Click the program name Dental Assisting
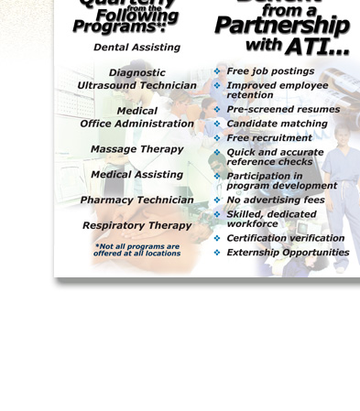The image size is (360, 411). [x=136, y=47]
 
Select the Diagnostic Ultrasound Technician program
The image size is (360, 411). [x=136, y=79]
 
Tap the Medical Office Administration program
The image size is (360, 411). [x=136, y=117]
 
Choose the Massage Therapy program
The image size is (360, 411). [x=136, y=149]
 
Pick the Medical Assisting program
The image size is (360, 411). [x=136, y=175]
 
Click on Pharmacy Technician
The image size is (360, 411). [x=136, y=200]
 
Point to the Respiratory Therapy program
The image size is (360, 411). [x=136, y=225]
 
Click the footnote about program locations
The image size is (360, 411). [x=136, y=250]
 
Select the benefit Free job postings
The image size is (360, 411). [x=269, y=71]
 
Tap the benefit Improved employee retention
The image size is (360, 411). [x=277, y=90]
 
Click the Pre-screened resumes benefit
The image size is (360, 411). [x=282, y=110]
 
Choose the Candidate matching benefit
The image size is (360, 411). [x=277, y=124]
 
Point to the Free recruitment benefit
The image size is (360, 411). [x=268, y=138]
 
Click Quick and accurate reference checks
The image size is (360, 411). [x=275, y=157]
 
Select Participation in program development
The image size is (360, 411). [x=281, y=180]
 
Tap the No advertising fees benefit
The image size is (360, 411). [x=275, y=200]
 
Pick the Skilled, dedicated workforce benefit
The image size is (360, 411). [x=271, y=219]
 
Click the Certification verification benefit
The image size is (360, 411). [x=285, y=239]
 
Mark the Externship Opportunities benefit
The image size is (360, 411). [x=288, y=253]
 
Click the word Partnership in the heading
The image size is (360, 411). [x=282, y=26]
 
